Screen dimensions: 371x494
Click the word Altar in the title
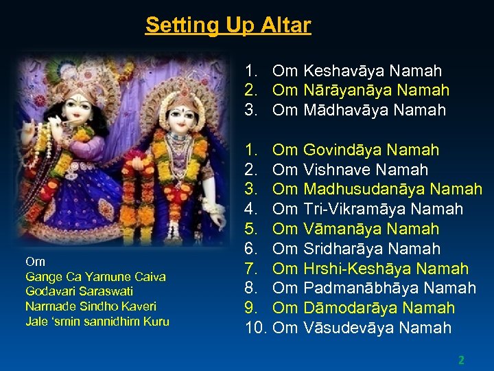click(286, 25)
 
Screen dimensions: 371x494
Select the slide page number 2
click(462, 359)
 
